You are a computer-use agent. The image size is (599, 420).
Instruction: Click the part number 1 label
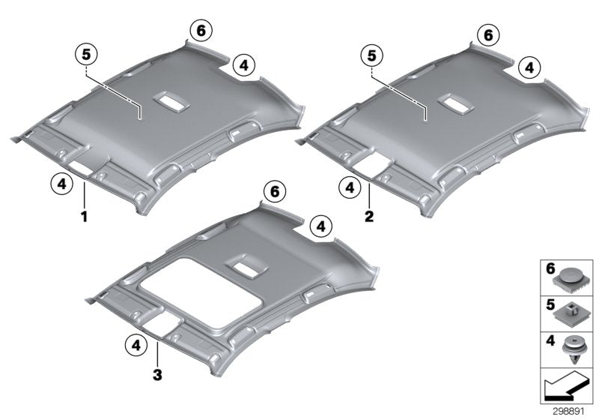[85, 216]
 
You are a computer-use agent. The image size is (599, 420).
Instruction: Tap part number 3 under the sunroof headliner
[156, 373]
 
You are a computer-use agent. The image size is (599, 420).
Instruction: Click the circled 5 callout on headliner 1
[87, 55]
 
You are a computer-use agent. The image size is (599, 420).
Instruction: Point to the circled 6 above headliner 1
[201, 31]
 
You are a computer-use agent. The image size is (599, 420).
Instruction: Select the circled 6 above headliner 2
[487, 34]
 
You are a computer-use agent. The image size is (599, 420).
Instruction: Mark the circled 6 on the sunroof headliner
[275, 192]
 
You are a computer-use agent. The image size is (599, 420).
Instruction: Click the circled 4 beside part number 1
[62, 182]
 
